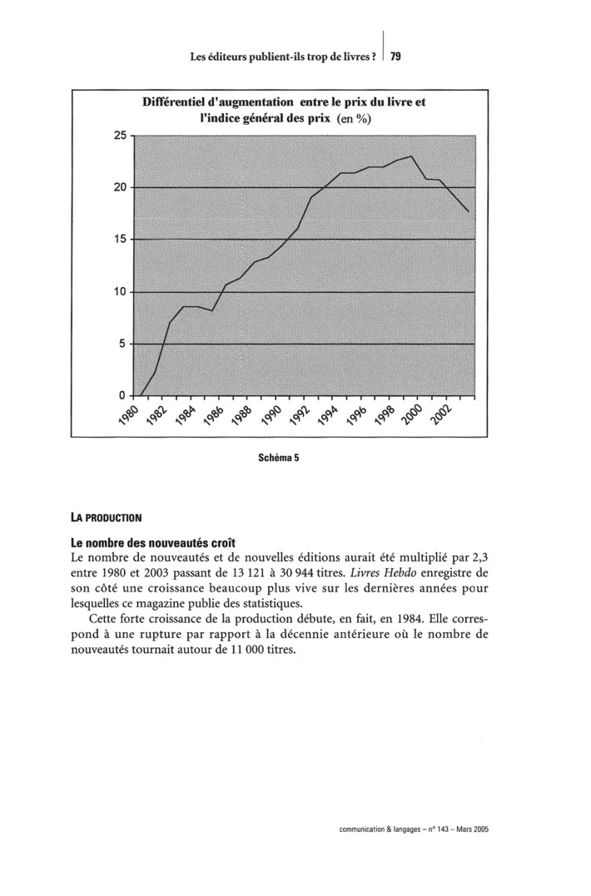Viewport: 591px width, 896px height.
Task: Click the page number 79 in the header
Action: click(x=395, y=57)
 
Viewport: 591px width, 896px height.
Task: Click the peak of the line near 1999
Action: click(x=411, y=156)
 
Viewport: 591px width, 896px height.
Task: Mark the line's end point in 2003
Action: click(x=469, y=212)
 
